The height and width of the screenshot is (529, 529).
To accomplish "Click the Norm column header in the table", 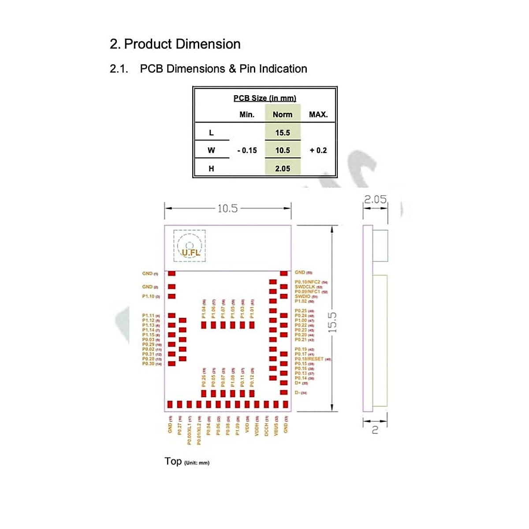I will click(x=282, y=115).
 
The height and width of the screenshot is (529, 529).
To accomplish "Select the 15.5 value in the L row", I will click(x=282, y=133).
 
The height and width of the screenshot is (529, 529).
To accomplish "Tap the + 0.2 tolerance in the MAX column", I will click(x=318, y=150).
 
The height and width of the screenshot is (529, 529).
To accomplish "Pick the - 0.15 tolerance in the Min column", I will click(x=247, y=150).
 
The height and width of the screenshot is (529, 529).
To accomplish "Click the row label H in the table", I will click(x=211, y=168).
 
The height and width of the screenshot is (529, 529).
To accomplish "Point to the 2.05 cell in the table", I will click(x=282, y=168).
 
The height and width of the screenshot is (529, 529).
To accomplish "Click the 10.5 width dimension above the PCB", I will click(x=227, y=209).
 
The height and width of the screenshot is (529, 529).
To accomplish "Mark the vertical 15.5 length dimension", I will click(x=332, y=322).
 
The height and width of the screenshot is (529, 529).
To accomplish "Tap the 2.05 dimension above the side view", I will click(x=375, y=200).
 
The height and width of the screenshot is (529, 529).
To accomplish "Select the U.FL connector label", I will click(x=191, y=253).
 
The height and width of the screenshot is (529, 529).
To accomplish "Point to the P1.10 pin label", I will click(x=149, y=296).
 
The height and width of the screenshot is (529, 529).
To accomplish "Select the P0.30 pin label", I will click(x=149, y=364).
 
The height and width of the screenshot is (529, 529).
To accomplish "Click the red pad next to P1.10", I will click(x=172, y=296).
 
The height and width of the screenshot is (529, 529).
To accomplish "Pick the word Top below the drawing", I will click(x=173, y=461).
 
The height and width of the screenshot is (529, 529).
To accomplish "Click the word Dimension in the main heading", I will click(x=208, y=44).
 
